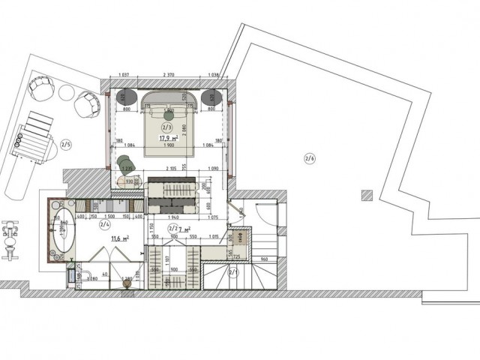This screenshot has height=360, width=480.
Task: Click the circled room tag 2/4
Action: pyautogui.click(x=105, y=223)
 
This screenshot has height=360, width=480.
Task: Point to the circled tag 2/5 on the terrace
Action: pyautogui.click(x=65, y=145)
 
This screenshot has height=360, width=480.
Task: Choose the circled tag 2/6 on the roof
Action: pyautogui.click(x=310, y=157)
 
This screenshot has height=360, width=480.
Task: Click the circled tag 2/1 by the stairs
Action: pyautogui.click(x=232, y=274)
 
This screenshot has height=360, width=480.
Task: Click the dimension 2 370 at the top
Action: pyautogui.click(x=168, y=76)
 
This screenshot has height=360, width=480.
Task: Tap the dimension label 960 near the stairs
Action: pyautogui.click(x=264, y=259)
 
